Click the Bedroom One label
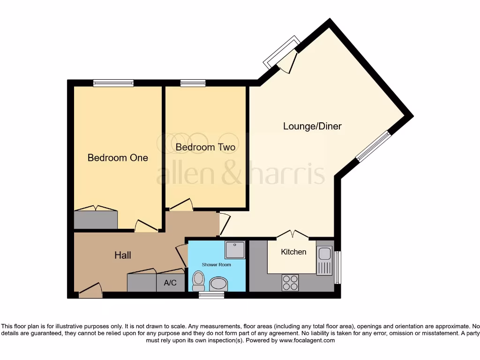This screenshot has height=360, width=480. [x=118, y=158]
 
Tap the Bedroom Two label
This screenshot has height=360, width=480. [x=205, y=147]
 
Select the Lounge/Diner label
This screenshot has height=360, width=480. [x=312, y=126]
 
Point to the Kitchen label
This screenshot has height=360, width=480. [x=293, y=252]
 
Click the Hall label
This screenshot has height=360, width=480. [x=123, y=255]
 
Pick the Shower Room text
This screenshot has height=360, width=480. [x=217, y=265]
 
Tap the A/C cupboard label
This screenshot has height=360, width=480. [x=170, y=283]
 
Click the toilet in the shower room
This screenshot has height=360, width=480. [x=199, y=280]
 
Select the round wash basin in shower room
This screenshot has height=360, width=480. [x=218, y=283]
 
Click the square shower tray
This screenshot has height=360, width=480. [x=235, y=250]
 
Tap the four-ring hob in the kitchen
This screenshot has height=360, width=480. [x=290, y=282]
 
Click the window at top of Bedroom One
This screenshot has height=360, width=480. [x=113, y=83]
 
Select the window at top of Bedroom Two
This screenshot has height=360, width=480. [x=193, y=83]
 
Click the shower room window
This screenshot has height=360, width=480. [x=211, y=295]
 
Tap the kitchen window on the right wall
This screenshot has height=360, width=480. [x=338, y=267]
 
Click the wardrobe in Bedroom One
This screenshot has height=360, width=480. [x=96, y=220]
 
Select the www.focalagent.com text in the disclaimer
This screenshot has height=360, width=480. [x=307, y=340]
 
